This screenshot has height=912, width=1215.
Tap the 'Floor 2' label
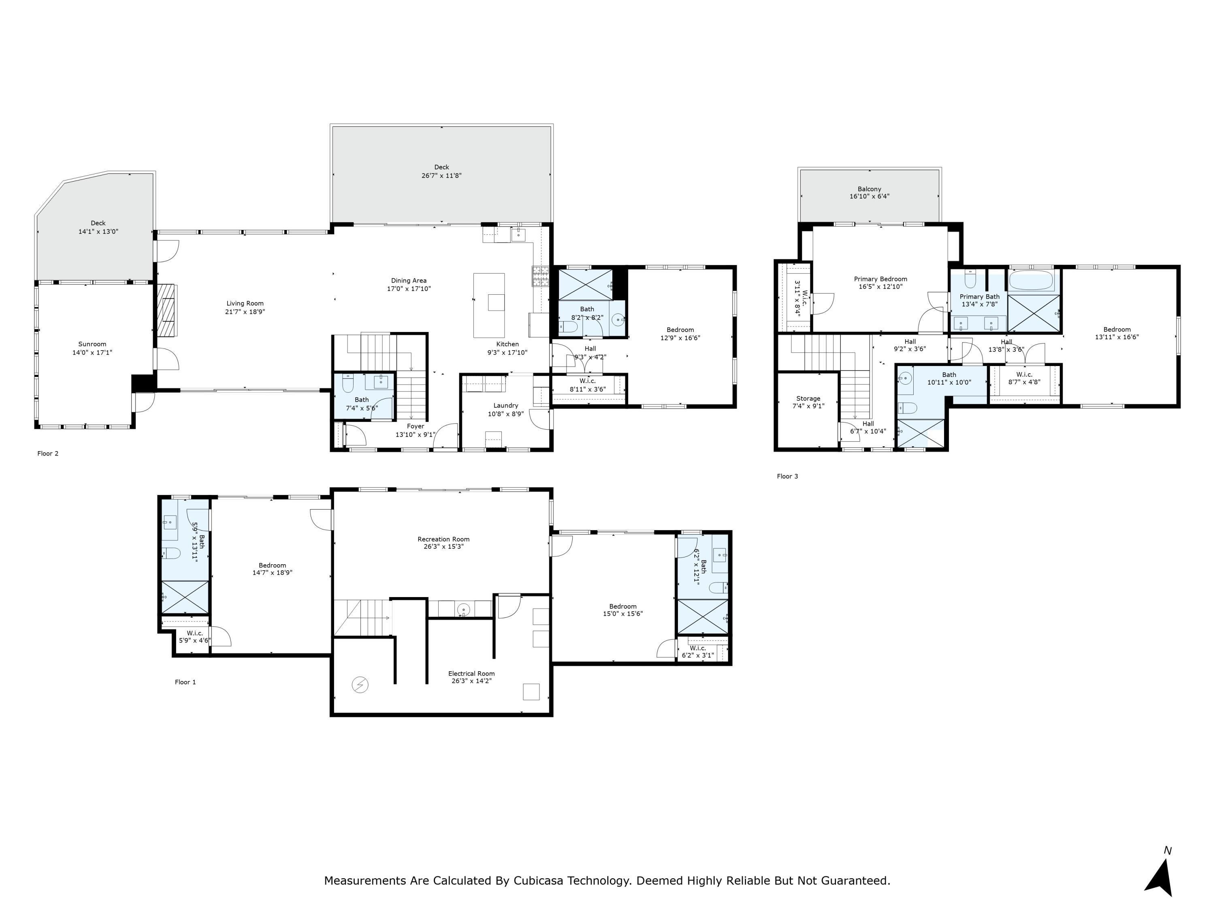48,454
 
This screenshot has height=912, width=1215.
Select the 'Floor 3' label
787,476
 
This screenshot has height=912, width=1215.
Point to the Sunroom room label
92,344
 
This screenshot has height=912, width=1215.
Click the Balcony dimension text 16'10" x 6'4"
870,196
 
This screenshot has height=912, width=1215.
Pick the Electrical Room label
471,673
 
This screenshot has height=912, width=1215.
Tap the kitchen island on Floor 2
489,305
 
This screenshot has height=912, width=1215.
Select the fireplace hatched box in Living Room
166,310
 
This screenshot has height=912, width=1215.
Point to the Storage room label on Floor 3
808,398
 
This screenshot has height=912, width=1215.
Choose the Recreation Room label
443,539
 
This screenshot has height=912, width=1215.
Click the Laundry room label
505,406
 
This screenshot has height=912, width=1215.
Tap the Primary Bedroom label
880,279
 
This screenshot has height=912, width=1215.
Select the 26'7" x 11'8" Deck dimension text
441,176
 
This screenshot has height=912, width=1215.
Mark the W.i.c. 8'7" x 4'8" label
1024,375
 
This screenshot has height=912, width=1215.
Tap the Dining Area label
409,280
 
